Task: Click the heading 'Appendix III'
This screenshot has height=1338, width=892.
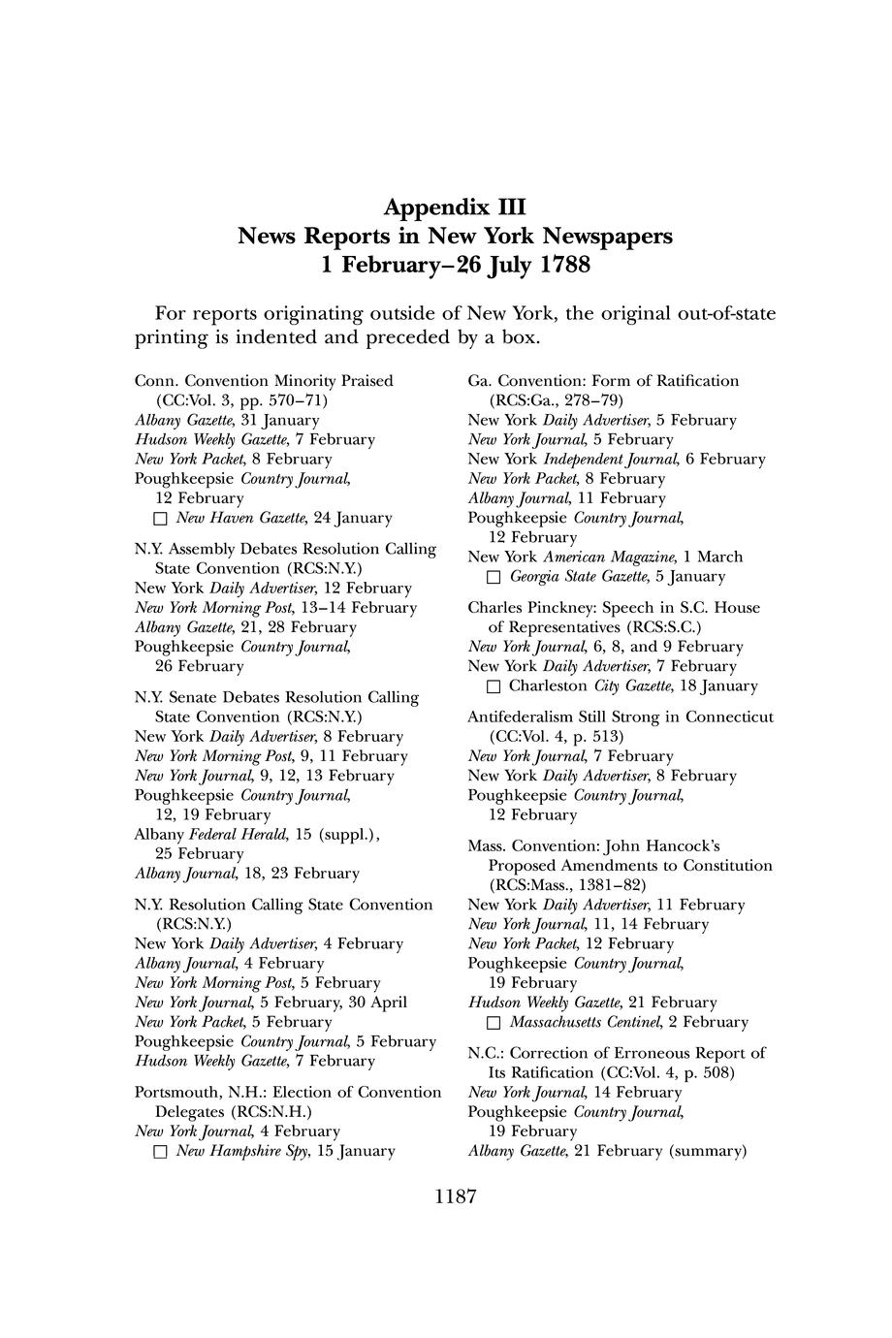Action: point(455,207)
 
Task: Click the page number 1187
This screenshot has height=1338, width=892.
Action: point(455,1196)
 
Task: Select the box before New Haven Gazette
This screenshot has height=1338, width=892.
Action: point(162,519)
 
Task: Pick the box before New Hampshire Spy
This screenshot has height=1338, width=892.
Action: point(162,1152)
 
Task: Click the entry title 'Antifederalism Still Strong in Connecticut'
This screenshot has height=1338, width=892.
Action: point(621,717)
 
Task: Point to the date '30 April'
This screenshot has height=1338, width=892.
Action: point(377,1002)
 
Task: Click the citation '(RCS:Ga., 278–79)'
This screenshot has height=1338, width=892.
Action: point(557,400)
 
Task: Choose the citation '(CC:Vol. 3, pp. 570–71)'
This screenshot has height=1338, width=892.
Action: point(241,400)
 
